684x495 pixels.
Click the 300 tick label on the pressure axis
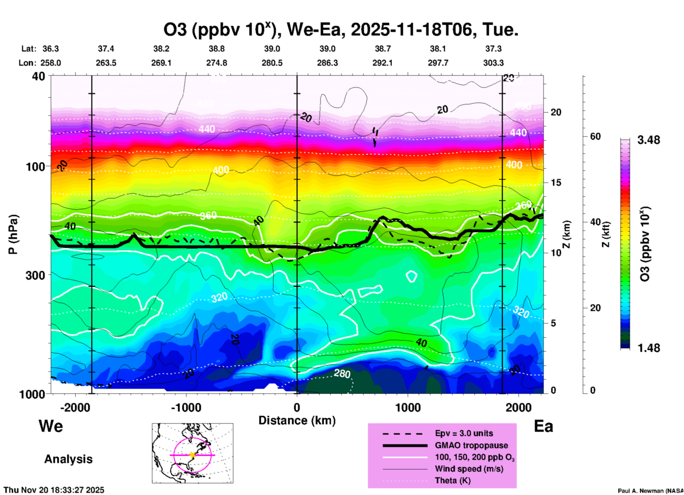tap(35, 275)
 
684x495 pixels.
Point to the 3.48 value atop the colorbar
tap(648, 140)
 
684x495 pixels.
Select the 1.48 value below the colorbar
tap(648, 348)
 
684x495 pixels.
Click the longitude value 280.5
tap(272, 63)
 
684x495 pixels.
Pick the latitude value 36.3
tap(51, 49)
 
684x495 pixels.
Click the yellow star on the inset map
tap(192, 455)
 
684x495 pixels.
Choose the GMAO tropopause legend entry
tap(471, 445)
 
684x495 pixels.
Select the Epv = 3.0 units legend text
tap(464, 433)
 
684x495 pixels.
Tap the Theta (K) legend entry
tap(452, 480)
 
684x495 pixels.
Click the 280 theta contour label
tap(342, 374)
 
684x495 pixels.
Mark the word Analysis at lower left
tap(68, 459)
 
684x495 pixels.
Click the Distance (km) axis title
tap(297, 420)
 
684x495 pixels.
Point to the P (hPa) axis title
tap(13, 234)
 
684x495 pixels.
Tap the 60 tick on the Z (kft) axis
tap(595, 136)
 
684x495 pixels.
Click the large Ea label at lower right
tap(543, 426)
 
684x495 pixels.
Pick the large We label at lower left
tap(51, 426)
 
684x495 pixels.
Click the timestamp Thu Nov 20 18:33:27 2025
tap(54, 490)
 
